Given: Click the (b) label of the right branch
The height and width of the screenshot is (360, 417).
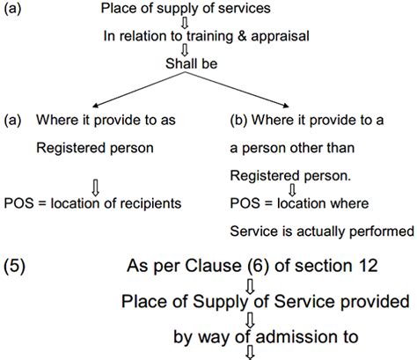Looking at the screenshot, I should pyautogui.click(x=237, y=118).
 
